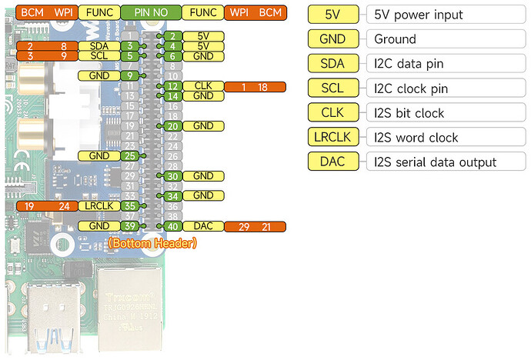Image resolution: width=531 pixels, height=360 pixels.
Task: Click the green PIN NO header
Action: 151,13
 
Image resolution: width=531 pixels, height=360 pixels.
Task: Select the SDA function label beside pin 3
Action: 99,46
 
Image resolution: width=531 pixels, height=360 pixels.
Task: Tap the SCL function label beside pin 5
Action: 99,56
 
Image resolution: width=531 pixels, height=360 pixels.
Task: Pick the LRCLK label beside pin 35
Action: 99,205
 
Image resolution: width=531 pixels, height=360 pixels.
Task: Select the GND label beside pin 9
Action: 99,75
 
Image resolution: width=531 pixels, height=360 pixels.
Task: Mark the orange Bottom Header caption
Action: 152,243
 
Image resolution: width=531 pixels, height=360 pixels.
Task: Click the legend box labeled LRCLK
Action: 333,138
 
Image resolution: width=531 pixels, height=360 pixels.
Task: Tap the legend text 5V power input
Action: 416,15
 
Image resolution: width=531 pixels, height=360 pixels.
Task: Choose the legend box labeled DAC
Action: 333,162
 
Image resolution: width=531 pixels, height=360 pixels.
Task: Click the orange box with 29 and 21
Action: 255,225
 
